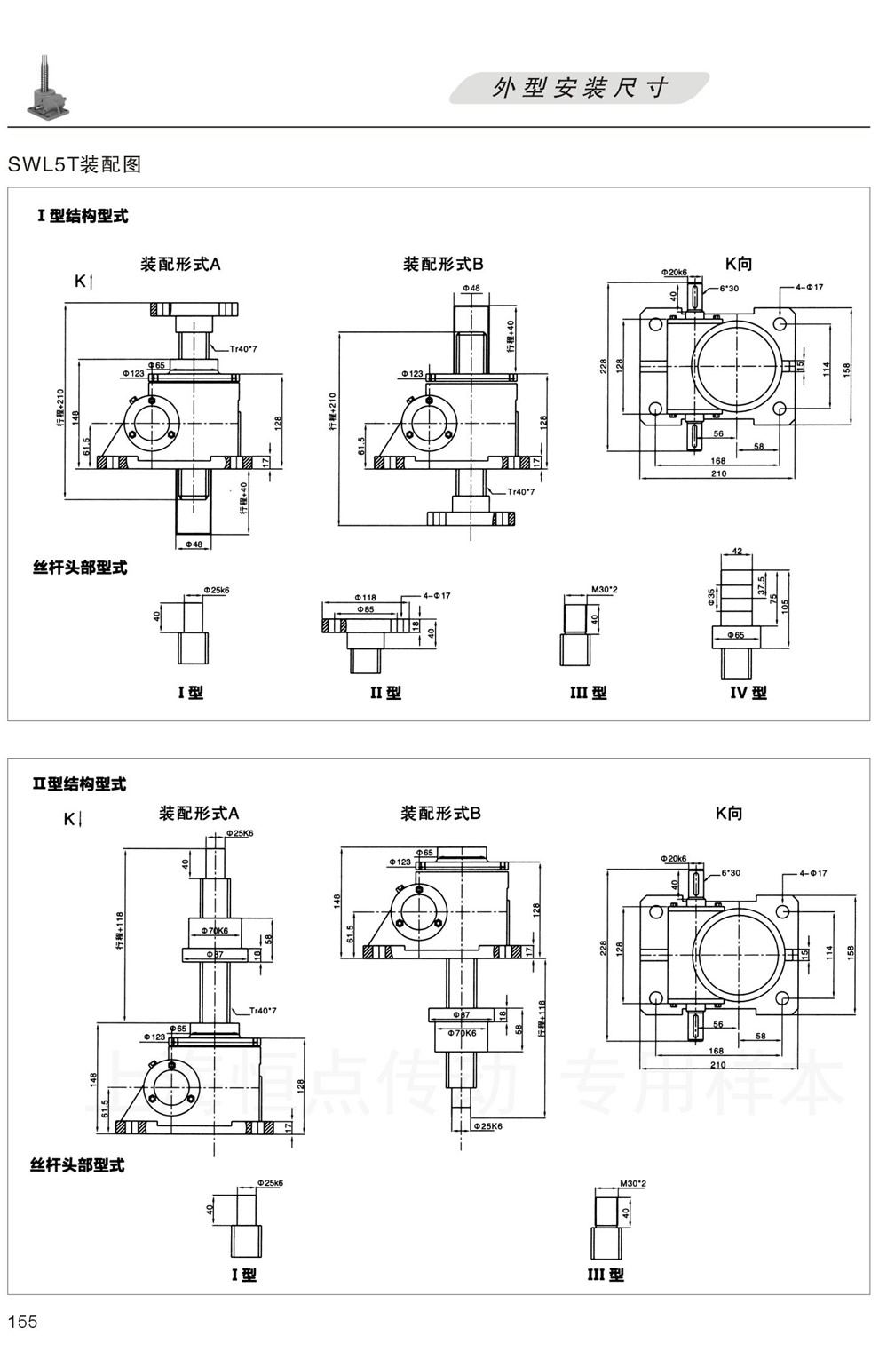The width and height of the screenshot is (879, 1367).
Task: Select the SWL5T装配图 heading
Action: click(75, 164)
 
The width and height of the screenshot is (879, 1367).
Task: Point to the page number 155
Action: click(23, 1321)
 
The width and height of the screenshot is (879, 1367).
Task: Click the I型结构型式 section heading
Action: click(82, 216)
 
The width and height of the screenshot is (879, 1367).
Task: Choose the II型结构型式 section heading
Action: click(79, 783)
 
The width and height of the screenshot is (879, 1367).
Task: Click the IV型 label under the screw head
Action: click(748, 693)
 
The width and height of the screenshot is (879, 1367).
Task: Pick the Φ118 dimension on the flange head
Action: click(365, 598)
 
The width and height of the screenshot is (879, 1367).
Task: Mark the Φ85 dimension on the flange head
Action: click(364, 609)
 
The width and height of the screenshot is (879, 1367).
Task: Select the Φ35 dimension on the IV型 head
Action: click(712, 596)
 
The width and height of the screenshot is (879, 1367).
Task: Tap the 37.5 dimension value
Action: click(761, 584)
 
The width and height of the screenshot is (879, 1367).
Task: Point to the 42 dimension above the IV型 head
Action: click(737, 552)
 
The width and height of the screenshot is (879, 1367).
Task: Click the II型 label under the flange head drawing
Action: click(385, 693)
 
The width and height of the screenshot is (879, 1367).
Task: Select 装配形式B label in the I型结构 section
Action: click(443, 264)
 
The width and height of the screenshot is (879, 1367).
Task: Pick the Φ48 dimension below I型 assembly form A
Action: click(194, 544)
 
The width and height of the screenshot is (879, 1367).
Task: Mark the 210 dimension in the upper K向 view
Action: click(718, 473)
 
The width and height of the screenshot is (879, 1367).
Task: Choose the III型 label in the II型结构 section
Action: click(606, 1275)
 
